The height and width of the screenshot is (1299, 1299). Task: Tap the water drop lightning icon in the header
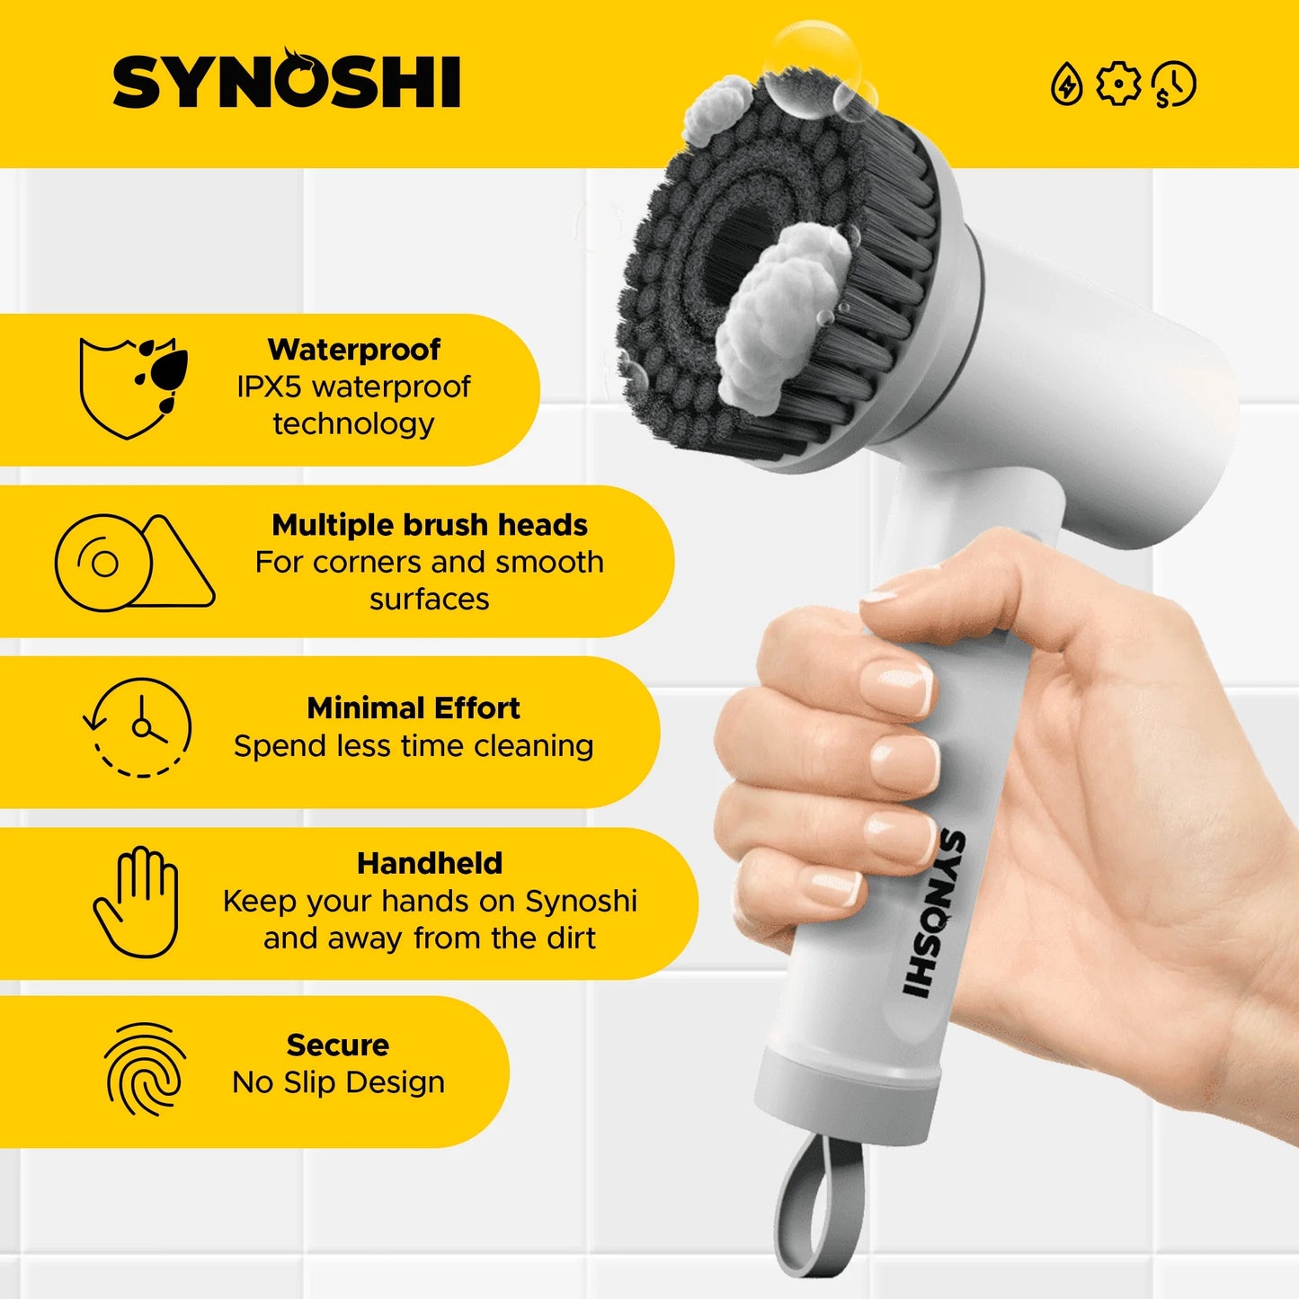coord(1067,85)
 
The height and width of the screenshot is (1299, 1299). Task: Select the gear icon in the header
coord(1118,85)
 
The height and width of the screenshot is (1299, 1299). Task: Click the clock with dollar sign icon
coord(1174,85)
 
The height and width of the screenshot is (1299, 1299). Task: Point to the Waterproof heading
coord(354,350)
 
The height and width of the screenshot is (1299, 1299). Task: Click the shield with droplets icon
coord(133,387)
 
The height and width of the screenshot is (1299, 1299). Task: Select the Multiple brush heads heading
coord(430,525)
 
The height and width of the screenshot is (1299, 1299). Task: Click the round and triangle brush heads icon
coord(134,563)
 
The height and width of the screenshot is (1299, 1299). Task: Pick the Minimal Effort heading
coord(414,708)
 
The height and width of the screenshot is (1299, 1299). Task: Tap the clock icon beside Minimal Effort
coord(139,727)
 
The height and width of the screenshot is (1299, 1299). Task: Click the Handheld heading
coord(430,864)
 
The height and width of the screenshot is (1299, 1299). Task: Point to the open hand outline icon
coord(138,901)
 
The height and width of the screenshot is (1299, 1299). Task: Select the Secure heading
coord(338,1045)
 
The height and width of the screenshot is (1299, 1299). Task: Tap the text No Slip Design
coord(338,1083)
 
